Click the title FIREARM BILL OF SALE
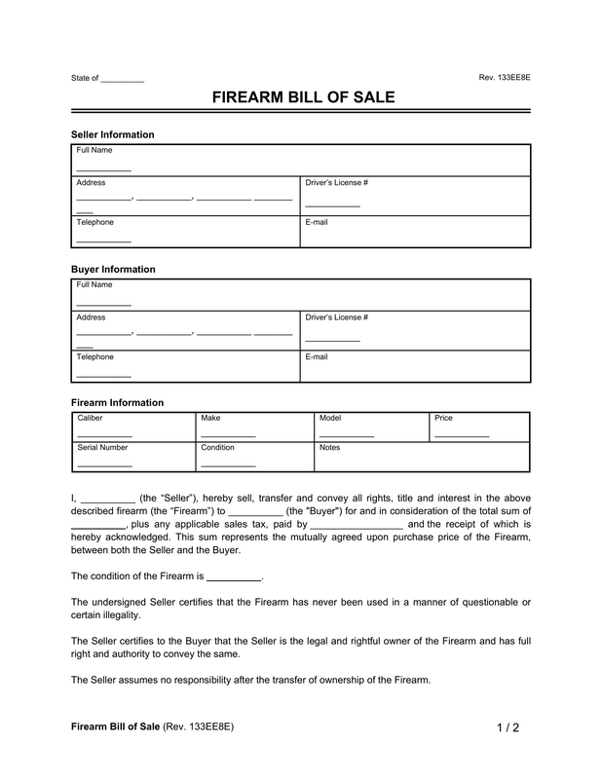300,98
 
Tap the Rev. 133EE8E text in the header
505,77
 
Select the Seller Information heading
113,134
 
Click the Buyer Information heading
113,269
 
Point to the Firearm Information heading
117,402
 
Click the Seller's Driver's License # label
336,183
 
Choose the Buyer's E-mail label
317,357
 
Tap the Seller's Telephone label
95,222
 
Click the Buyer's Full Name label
94,284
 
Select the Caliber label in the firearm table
91,418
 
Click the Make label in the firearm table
210,418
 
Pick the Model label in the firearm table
330,418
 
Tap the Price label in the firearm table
443,418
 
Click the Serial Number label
102,448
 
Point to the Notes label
329,448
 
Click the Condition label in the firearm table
218,448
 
